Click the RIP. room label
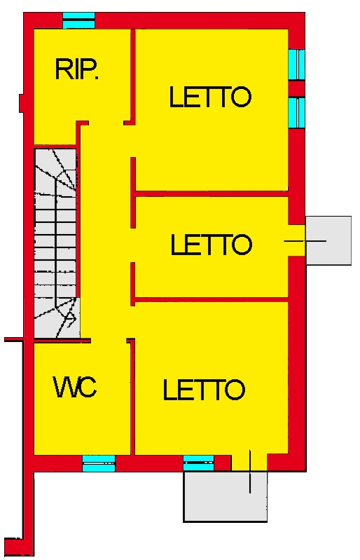pyautogui.click(x=77, y=69)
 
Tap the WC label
pyautogui.click(x=75, y=387)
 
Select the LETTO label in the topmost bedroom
pyautogui.click(x=210, y=97)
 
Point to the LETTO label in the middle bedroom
pyautogui.click(x=212, y=245)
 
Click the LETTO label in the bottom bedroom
pyautogui.click(x=204, y=390)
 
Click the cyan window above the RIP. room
pyautogui.click(x=79, y=20)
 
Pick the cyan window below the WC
pyautogui.click(x=99, y=463)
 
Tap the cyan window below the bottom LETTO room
pyautogui.click(x=199, y=463)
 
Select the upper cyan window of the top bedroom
pyautogui.click(x=296, y=64)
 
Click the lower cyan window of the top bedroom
pyautogui.click(x=296, y=112)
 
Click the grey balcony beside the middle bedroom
pyautogui.click(x=328, y=240)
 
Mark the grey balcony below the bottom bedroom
pyautogui.click(x=226, y=497)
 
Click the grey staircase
pyautogui.click(x=56, y=243)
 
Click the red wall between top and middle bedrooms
pyautogui.click(x=212, y=194)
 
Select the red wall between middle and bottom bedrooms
pyautogui.click(x=212, y=299)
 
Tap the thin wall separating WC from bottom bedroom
pyautogui.click(x=132, y=397)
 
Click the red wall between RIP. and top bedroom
pyautogui.click(x=133, y=76)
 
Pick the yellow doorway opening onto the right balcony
pyautogui.click(x=297, y=240)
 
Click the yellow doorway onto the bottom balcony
pyautogui.click(x=249, y=463)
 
